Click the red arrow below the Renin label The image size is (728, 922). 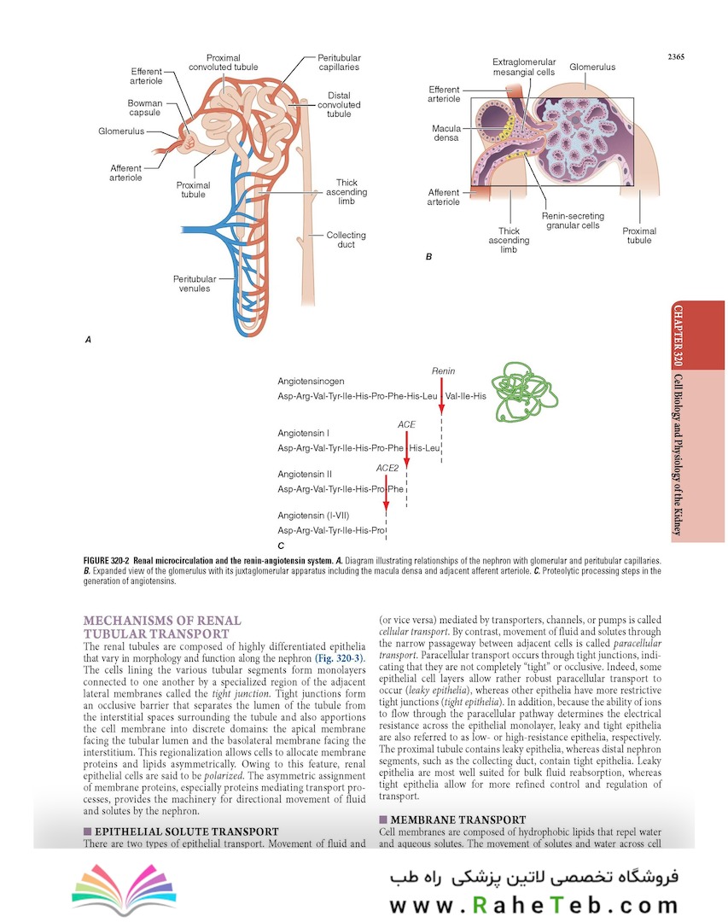coord(441,395)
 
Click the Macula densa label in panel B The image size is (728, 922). coord(446,132)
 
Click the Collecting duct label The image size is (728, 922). coord(346,240)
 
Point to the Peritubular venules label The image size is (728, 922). coord(194,283)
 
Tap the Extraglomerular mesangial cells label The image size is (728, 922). coord(524,67)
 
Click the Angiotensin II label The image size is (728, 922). coord(305,473)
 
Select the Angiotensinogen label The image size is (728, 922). coord(311,382)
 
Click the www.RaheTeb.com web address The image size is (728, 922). coord(533,905)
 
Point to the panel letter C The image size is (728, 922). coord(281,545)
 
